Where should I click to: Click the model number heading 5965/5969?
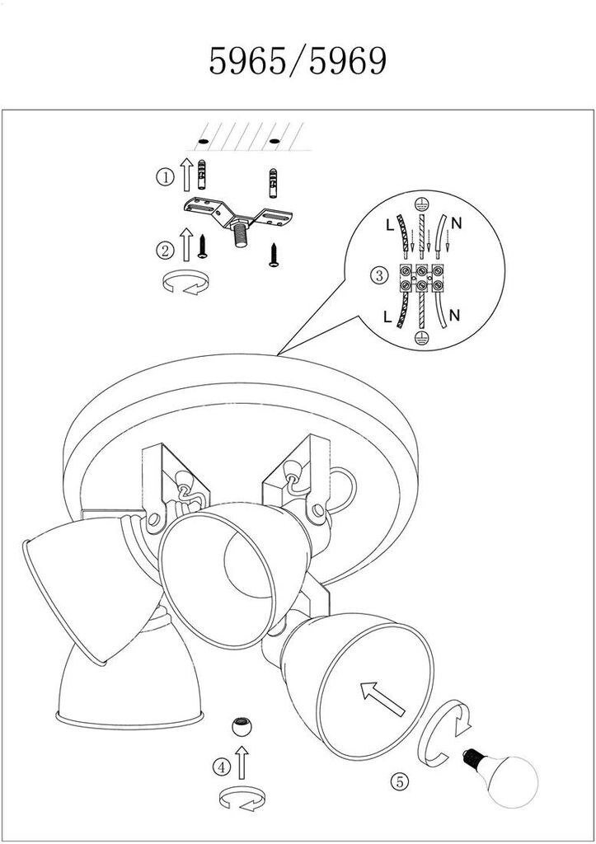pyautogui.click(x=298, y=61)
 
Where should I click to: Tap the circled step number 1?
pyautogui.click(x=166, y=176)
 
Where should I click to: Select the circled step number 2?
pyautogui.click(x=166, y=251)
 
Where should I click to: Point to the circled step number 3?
pyautogui.click(x=379, y=275)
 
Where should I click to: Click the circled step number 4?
pyautogui.click(x=222, y=767)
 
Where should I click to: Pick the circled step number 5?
pyautogui.click(x=400, y=781)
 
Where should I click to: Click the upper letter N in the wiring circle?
pyautogui.click(x=457, y=223)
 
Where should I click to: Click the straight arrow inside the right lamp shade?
pyautogui.click(x=382, y=698)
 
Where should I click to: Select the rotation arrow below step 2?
pyautogui.click(x=185, y=283)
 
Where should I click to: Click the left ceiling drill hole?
pyautogui.click(x=203, y=141)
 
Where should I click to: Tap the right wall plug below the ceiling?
pyautogui.click(x=274, y=183)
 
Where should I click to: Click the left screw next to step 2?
pyautogui.click(x=203, y=246)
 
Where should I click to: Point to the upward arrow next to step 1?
pyautogui.click(x=186, y=175)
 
